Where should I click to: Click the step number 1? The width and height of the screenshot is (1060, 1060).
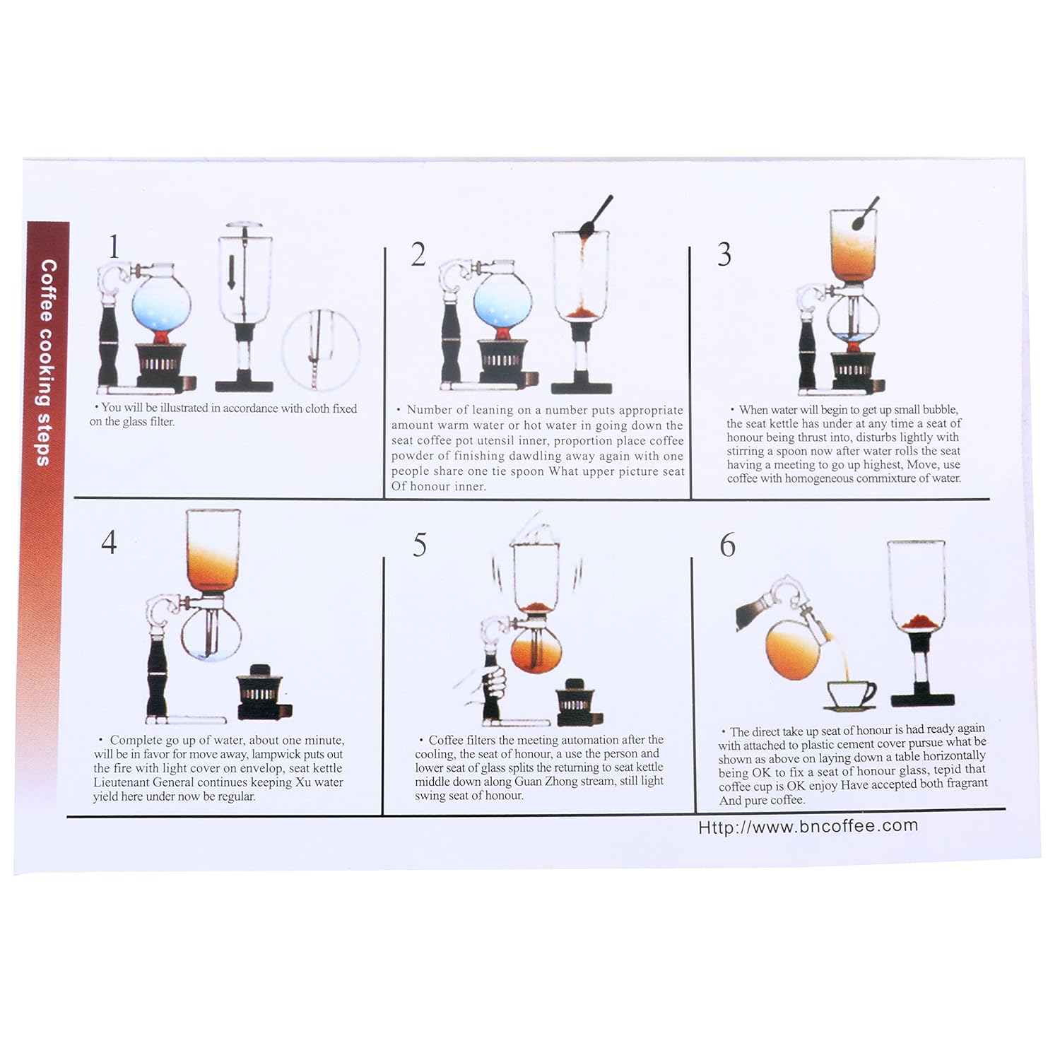click(x=114, y=247)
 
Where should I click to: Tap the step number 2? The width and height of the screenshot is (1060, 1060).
click(x=418, y=254)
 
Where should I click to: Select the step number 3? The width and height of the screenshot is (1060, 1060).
click(x=724, y=255)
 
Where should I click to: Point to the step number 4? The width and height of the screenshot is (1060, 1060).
click(x=109, y=543)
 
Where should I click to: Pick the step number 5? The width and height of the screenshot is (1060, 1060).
click(x=420, y=545)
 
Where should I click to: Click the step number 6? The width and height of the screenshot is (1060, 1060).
click(x=727, y=545)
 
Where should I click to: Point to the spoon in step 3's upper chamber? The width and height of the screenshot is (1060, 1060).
click(x=865, y=215)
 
